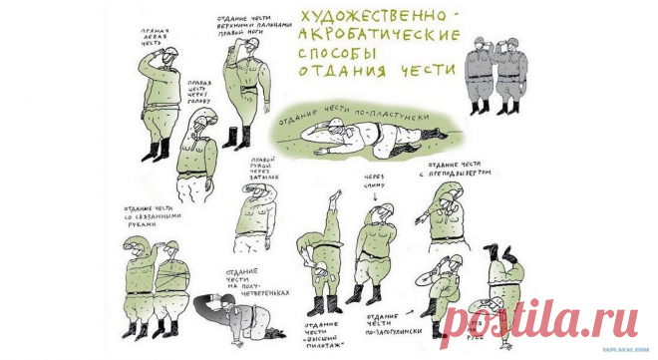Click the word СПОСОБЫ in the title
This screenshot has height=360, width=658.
pyautogui.click(x=339, y=52)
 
